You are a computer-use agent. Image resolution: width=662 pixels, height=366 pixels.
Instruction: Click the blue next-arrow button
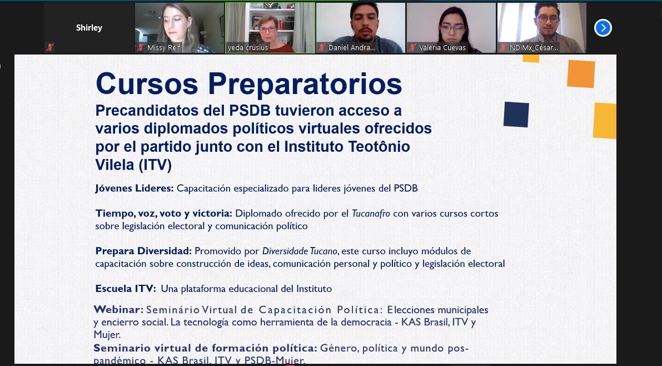pos(603,28)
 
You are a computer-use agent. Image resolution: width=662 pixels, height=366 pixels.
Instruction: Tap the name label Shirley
pos(89,28)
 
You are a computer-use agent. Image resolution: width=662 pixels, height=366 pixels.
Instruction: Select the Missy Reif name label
pos(163,48)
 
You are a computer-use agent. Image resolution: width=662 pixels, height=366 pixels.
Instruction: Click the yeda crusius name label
pos(248,48)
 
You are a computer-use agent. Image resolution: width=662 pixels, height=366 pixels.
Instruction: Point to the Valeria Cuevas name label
pos(442,48)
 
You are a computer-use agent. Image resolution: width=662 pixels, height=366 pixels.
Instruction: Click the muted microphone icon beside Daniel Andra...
pos(322,47)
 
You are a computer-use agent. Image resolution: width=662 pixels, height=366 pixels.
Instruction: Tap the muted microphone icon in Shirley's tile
pos(50,47)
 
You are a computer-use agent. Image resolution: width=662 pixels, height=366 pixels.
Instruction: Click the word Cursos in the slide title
pos(147,83)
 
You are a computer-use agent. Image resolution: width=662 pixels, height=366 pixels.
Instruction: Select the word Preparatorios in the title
pos(305,85)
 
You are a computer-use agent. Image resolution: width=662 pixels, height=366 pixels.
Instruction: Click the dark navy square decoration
pos(516,115)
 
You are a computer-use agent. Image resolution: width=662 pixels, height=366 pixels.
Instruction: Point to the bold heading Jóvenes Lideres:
pos(135,189)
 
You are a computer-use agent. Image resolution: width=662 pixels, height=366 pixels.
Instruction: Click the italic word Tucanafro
pos(371,214)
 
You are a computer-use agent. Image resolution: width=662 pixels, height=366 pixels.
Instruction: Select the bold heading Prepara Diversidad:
pos(143,251)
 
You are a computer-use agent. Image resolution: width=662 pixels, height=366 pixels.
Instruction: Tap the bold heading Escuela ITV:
pos(126,289)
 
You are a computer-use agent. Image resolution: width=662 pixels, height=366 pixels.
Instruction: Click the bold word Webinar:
pos(118,309)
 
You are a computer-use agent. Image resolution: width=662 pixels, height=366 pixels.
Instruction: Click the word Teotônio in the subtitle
pos(379,147)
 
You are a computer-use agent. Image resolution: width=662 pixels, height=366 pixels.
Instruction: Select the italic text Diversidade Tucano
pos(300,251)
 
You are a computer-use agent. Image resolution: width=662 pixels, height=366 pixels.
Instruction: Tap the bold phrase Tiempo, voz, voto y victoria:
pos(164,214)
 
